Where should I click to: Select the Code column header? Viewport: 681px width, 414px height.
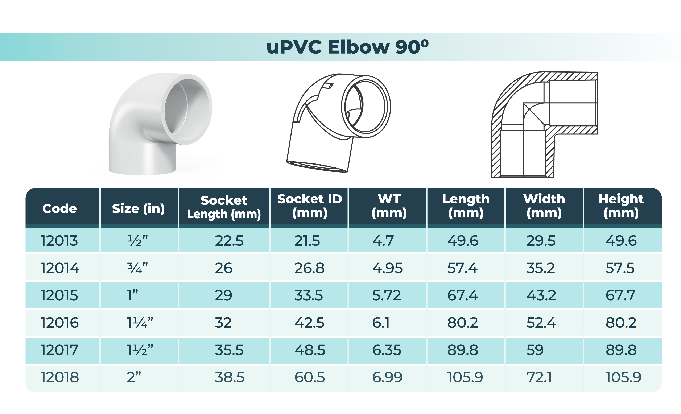coord(59,208)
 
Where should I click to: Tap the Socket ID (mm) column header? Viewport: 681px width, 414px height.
coord(310,206)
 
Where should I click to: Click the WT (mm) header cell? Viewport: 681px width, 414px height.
coord(389,206)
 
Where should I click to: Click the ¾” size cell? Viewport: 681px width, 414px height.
coord(137,268)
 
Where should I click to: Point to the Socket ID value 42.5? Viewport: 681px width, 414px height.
coord(309,323)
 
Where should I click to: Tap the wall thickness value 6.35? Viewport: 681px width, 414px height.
coord(386,350)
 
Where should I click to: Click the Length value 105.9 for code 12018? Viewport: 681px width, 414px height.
coord(465,377)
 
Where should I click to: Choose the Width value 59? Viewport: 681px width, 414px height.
coord(535,350)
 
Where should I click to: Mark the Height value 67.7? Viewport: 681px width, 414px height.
coord(620,295)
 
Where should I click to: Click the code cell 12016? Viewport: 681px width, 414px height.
coord(59,323)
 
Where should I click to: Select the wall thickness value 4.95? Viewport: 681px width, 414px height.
coord(387,268)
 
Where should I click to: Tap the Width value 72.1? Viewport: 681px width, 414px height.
coord(539,377)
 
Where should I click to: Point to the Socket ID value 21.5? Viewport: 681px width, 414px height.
coord(307,240)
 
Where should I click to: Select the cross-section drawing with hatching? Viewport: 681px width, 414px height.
coord(544,124)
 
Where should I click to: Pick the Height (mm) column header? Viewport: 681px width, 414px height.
coord(621,206)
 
